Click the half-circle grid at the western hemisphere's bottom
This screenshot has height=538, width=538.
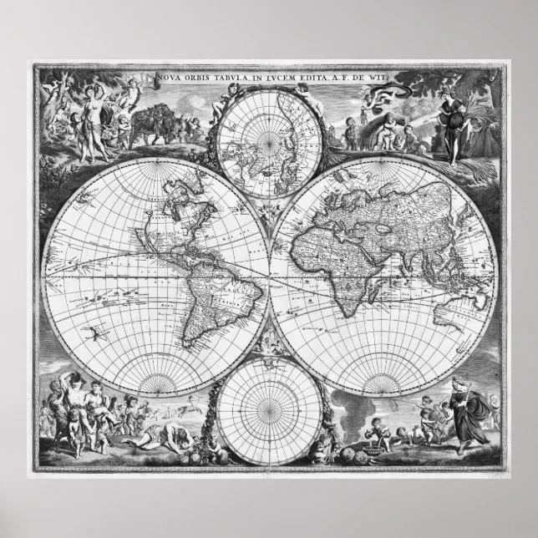click(x=156, y=380)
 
